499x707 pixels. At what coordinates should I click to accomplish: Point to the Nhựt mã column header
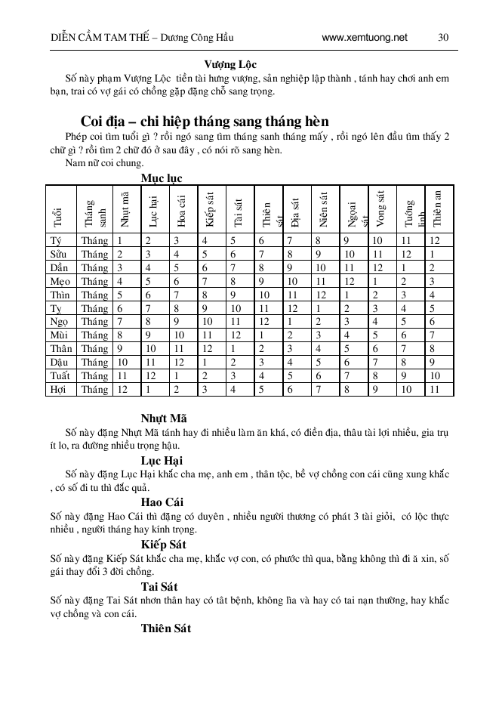[125, 209]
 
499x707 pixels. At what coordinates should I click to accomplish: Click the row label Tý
[55, 241]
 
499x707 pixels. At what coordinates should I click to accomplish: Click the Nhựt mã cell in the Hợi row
[122, 390]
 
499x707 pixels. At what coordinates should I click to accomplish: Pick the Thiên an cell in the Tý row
[433, 241]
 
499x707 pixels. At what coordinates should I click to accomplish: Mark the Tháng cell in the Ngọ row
[95, 322]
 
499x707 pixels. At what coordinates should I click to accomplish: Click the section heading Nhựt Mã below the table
[164, 418]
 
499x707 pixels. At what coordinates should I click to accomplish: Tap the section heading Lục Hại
[162, 460]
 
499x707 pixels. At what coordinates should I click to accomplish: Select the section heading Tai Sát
[160, 585]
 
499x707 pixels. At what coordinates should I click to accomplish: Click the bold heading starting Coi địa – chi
[204, 122]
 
